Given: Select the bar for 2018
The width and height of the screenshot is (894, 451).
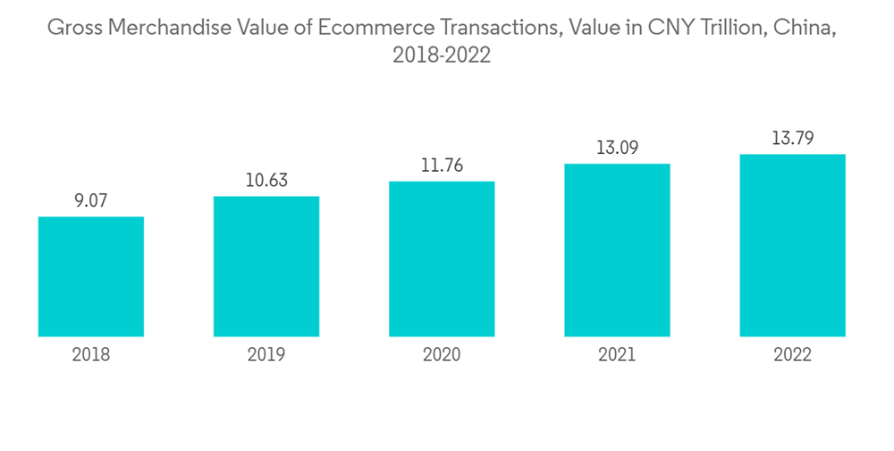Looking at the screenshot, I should coord(91,277).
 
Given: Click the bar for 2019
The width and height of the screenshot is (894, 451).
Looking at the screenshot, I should coord(266,267).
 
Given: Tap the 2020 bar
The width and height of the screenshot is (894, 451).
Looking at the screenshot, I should coord(442,260).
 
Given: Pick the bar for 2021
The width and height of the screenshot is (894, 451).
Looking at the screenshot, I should coord(617,251).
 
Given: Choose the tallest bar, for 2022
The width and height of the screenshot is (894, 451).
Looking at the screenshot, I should coord(792,246).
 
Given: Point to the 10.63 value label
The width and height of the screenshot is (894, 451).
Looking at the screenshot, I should coord(266,182).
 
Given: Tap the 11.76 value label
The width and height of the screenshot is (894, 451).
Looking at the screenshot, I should coord(442,166).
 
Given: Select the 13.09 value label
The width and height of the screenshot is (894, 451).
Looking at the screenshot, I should coord(617,149).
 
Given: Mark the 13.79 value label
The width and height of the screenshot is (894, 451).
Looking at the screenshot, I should coord(792,139).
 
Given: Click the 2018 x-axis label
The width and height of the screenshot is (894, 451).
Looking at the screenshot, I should coord(91,355).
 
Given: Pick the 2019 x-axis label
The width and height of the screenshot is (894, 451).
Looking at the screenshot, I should coord(266,355).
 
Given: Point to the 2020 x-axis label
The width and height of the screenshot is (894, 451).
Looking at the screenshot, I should coord(442,355).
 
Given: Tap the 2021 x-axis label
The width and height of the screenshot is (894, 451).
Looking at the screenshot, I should coord(617,355).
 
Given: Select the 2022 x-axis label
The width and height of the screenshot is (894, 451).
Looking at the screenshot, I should coord(792,355).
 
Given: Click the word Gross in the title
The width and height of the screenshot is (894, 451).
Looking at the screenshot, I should coord(73,29).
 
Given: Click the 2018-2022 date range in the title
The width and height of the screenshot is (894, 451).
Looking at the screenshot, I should coord(442,55).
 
